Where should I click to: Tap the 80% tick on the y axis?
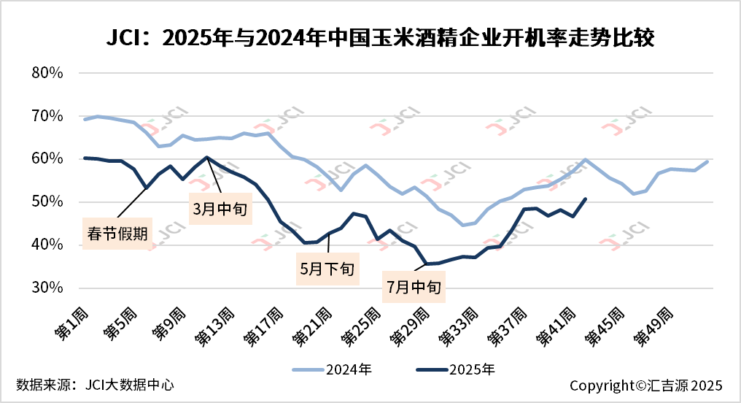click(49, 73)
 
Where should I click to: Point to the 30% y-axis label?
click(49, 288)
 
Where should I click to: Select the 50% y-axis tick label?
click(49, 201)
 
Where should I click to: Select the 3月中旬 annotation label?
click(221, 208)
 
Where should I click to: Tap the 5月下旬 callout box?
click(327, 268)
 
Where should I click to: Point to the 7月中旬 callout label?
click(414, 287)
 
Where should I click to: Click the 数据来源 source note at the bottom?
click(96, 384)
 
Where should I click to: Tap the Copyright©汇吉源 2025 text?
click(645, 385)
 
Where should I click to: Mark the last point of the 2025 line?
click(586, 199)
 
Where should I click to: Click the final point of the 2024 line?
click(707, 161)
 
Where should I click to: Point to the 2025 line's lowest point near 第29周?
click(427, 264)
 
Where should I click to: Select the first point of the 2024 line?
click(85, 119)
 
